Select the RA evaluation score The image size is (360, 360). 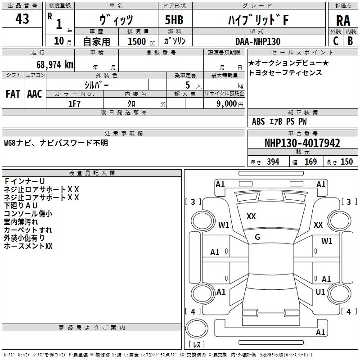pyautogui.click(x=343, y=20)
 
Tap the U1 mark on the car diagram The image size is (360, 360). pyautogui.click(x=320, y=292)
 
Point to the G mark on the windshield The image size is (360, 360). pyautogui.click(x=257, y=237)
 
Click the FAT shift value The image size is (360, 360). pyautogui.click(x=13, y=94)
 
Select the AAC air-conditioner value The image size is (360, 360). pyautogui.click(x=35, y=94)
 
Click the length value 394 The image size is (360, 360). pyautogui.click(x=273, y=162)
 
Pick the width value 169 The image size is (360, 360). pyautogui.click(x=310, y=162)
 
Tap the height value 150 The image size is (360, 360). pyautogui.click(x=346, y=162)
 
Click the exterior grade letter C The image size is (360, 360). pyautogui.click(x=335, y=41)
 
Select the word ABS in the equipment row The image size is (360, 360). pyautogui.click(x=258, y=121)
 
